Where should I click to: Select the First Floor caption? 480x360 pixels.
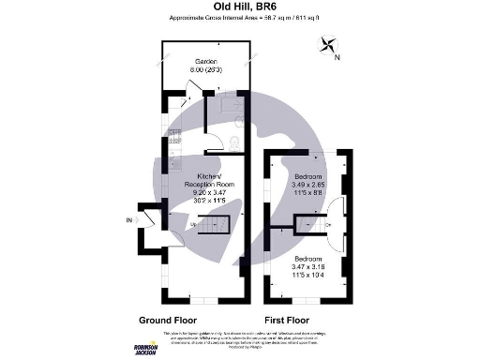tap(288, 319)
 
